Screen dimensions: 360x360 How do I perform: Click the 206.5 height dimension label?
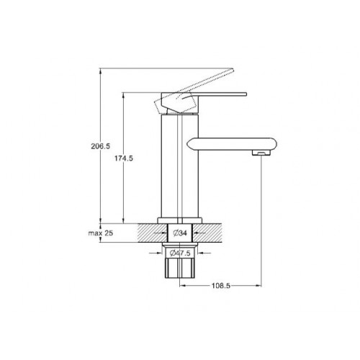pos(100,146)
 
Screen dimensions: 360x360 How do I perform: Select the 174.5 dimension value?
pos(123,158)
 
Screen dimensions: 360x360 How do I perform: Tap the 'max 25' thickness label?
pos(101,233)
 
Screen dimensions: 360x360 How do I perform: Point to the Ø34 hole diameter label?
pos(180,233)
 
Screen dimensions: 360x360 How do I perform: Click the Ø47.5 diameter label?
pos(180,253)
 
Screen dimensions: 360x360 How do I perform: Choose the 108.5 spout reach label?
pos(221,286)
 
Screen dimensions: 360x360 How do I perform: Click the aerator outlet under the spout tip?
pos(261,153)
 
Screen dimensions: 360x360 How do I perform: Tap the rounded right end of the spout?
pos(274,144)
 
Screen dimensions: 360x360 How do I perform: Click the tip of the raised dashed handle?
pos(232,70)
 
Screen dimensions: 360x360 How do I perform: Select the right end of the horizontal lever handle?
pos(246,94)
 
